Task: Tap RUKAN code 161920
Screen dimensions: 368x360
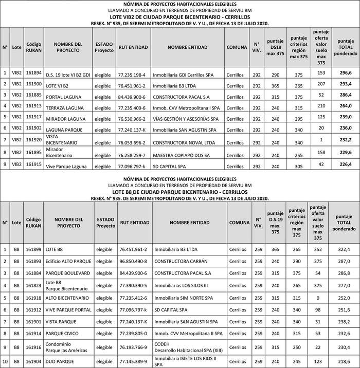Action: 33,140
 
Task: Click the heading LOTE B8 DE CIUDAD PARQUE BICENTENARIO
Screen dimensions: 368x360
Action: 179,192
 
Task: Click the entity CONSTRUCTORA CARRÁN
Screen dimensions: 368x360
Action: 177,261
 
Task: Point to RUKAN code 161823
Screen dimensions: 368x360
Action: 33,284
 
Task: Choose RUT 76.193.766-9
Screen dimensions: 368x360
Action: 133,347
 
